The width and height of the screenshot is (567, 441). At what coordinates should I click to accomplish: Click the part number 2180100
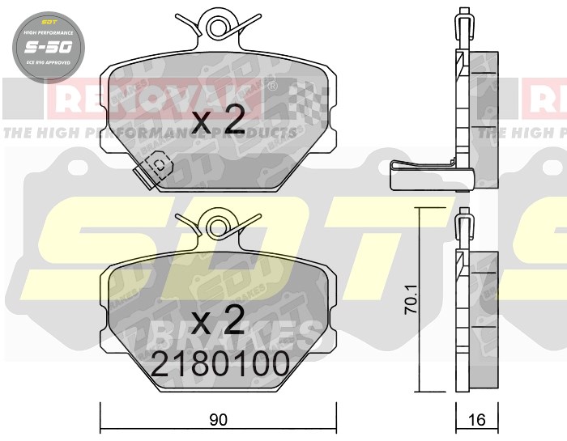(x=220, y=364)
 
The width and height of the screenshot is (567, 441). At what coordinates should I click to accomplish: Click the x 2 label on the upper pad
(x=220, y=121)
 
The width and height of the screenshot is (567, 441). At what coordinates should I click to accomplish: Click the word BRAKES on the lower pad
(x=235, y=332)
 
